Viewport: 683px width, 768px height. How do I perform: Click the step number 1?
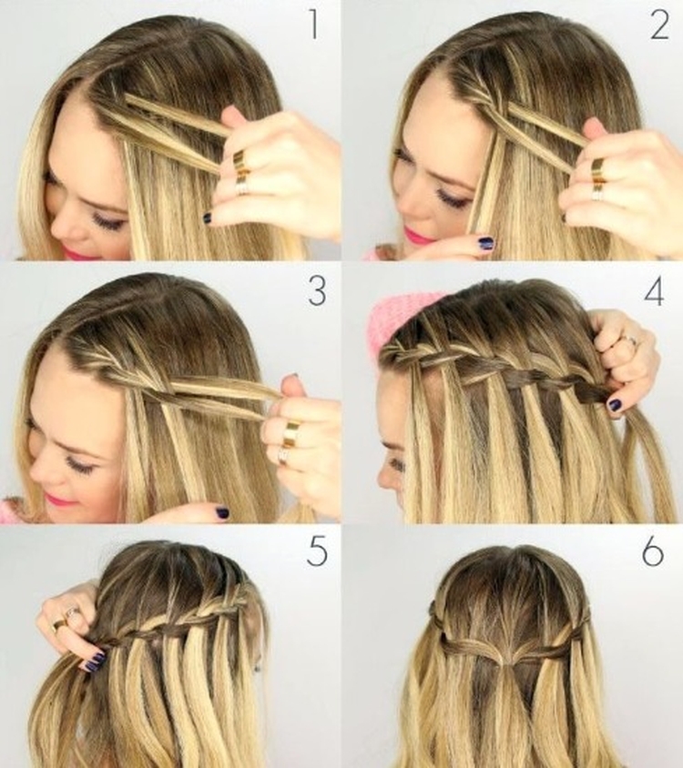(314, 26)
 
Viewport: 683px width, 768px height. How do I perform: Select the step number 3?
(317, 292)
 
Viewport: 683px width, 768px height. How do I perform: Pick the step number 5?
(317, 551)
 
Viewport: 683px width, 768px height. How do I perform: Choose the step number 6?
(653, 551)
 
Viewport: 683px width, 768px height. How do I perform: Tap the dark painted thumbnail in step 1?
(208, 218)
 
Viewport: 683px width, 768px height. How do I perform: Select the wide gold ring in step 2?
(599, 169)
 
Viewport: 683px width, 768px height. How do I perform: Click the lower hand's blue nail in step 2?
(486, 244)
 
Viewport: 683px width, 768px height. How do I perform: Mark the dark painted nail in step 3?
(221, 513)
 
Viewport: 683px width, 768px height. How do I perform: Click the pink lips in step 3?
(62, 499)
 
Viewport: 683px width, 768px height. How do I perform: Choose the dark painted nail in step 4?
(616, 403)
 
